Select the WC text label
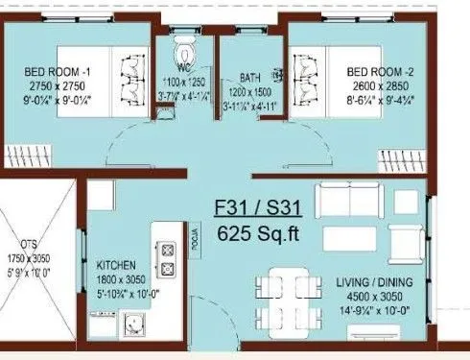(x=186, y=68)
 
